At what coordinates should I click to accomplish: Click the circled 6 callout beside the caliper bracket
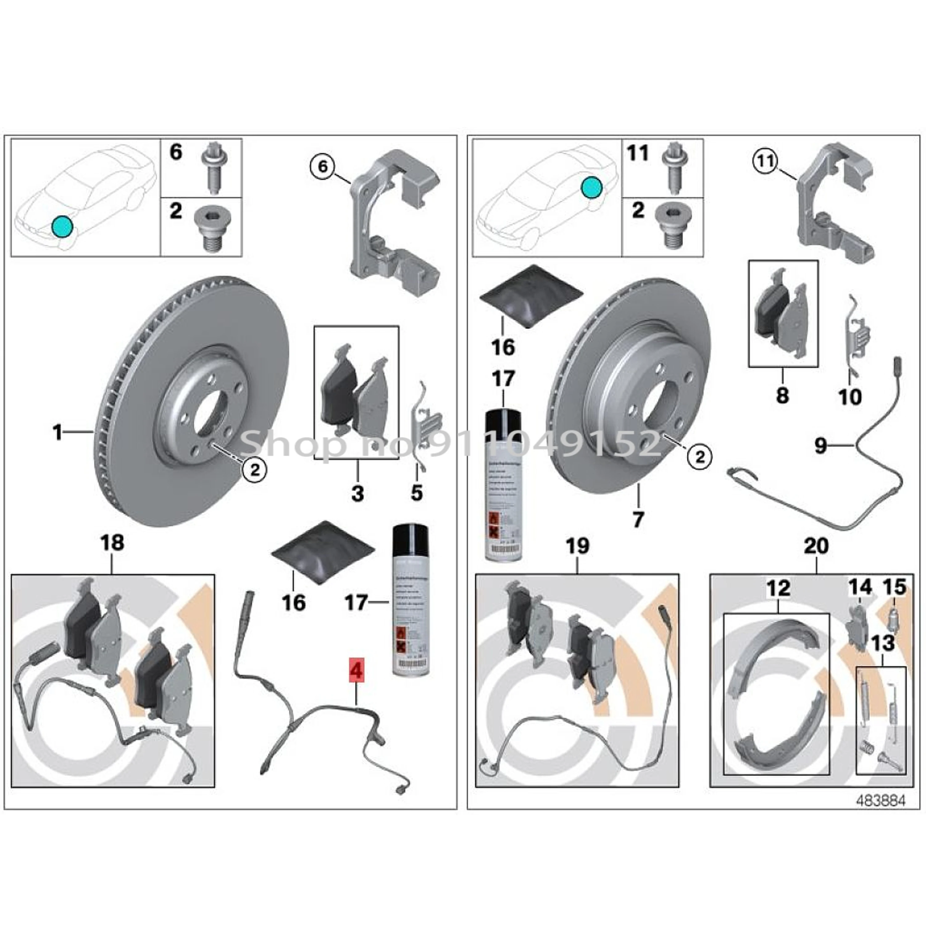pos(323,167)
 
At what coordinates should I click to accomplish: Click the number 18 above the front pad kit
pos(112,543)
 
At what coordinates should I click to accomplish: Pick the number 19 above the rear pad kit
pos(577,546)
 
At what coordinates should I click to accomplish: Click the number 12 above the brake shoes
pos(778,589)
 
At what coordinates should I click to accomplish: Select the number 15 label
pos(895,588)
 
